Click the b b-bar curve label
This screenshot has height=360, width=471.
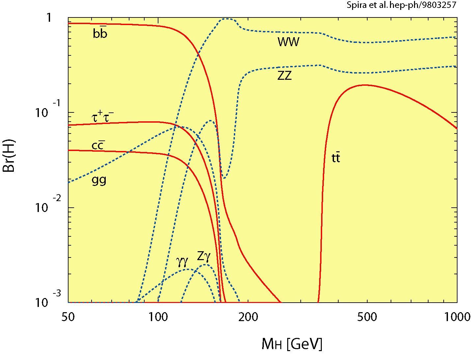pos(100,34)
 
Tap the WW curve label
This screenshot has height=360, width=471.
pos(288,42)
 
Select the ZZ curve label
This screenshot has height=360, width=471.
pos(285,76)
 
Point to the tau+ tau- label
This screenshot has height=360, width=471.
pos(102,117)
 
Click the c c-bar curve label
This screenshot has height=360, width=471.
pos(98,145)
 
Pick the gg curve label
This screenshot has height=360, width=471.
pos(99,181)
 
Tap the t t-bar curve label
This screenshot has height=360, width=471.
pos(336,158)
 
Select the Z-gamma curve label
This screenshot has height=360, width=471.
pos(204,256)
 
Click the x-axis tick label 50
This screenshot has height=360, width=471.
pos(68,317)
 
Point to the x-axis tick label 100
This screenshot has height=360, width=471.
pos(158,317)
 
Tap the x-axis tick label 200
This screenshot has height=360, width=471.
pos(248,317)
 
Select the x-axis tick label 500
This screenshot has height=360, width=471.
pos(367,317)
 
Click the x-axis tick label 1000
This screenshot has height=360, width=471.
pos(457,317)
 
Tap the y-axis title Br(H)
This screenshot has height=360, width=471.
pos(9,155)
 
